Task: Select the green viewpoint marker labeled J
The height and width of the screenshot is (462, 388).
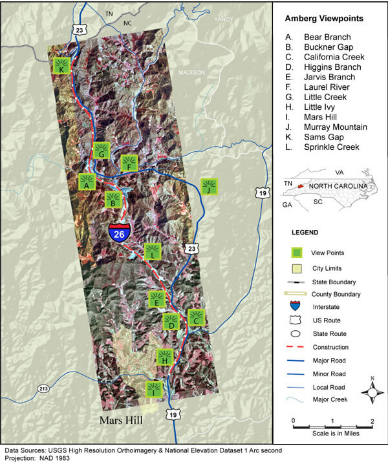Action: pos(208,186)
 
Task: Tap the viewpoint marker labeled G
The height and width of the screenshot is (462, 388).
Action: pos(100,151)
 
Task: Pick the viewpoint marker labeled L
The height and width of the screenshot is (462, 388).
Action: pos(153,251)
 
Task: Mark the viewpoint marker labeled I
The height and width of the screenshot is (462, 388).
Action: pos(154,388)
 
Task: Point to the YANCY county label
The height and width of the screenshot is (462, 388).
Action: pos(223,19)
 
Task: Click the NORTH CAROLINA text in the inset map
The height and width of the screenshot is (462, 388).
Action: pos(337,185)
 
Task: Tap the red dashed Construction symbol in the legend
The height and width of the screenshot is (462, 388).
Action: pos(301,347)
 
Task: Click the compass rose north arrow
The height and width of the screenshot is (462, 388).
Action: pos(372,391)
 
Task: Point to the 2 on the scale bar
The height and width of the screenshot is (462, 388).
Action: pos(372,421)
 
